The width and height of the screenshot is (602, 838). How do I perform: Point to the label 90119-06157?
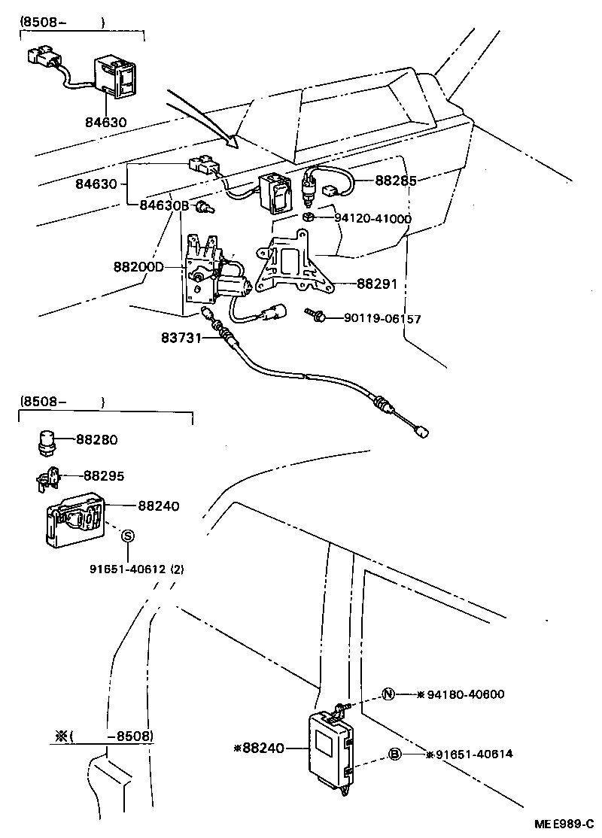click(x=382, y=319)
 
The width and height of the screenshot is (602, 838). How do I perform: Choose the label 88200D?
click(x=138, y=266)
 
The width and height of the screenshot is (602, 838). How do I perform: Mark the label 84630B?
click(x=160, y=205)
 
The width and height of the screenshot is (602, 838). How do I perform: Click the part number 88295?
click(x=103, y=476)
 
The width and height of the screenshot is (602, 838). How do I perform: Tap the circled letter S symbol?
click(x=128, y=536)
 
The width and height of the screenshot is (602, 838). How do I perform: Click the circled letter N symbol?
click(x=388, y=694)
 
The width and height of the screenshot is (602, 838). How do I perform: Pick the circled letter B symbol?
click(x=394, y=754)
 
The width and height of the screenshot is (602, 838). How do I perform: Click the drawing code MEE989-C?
click(x=564, y=824)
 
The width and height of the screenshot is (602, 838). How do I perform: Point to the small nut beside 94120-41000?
click(x=309, y=218)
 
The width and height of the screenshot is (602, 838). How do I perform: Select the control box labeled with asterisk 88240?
click(x=331, y=748)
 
